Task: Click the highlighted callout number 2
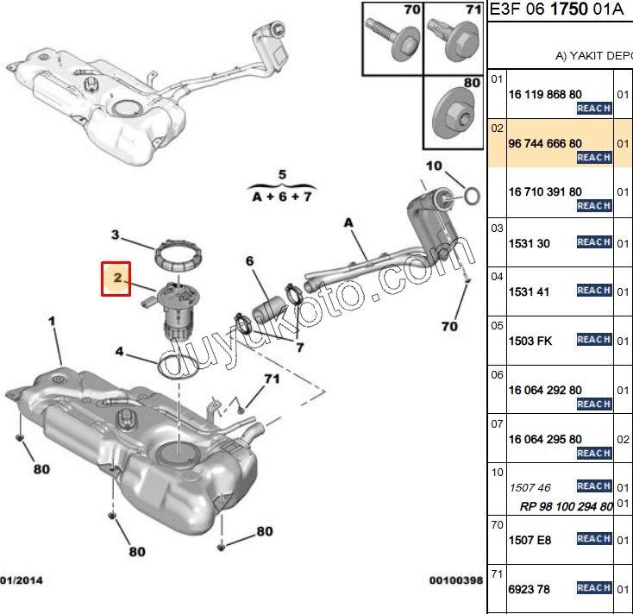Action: click(x=116, y=278)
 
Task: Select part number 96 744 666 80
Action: click(x=545, y=143)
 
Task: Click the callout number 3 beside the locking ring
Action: click(x=114, y=235)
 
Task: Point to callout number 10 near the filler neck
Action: click(x=433, y=166)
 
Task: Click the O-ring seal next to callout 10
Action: click(x=471, y=197)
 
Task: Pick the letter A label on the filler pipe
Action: click(x=349, y=222)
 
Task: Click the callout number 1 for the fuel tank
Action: click(x=52, y=322)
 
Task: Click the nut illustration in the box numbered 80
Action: click(x=454, y=111)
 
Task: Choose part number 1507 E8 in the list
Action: click(x=530, y=541)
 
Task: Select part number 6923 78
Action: click(x=530, y=590)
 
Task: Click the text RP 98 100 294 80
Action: click(x=566, y=507)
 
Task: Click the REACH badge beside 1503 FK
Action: click(x=593, y=340)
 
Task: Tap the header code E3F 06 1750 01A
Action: click(x=555, y=10)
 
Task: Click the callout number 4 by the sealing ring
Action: click(x=120, y=352)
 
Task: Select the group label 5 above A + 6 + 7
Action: click(x=281, y=175)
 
